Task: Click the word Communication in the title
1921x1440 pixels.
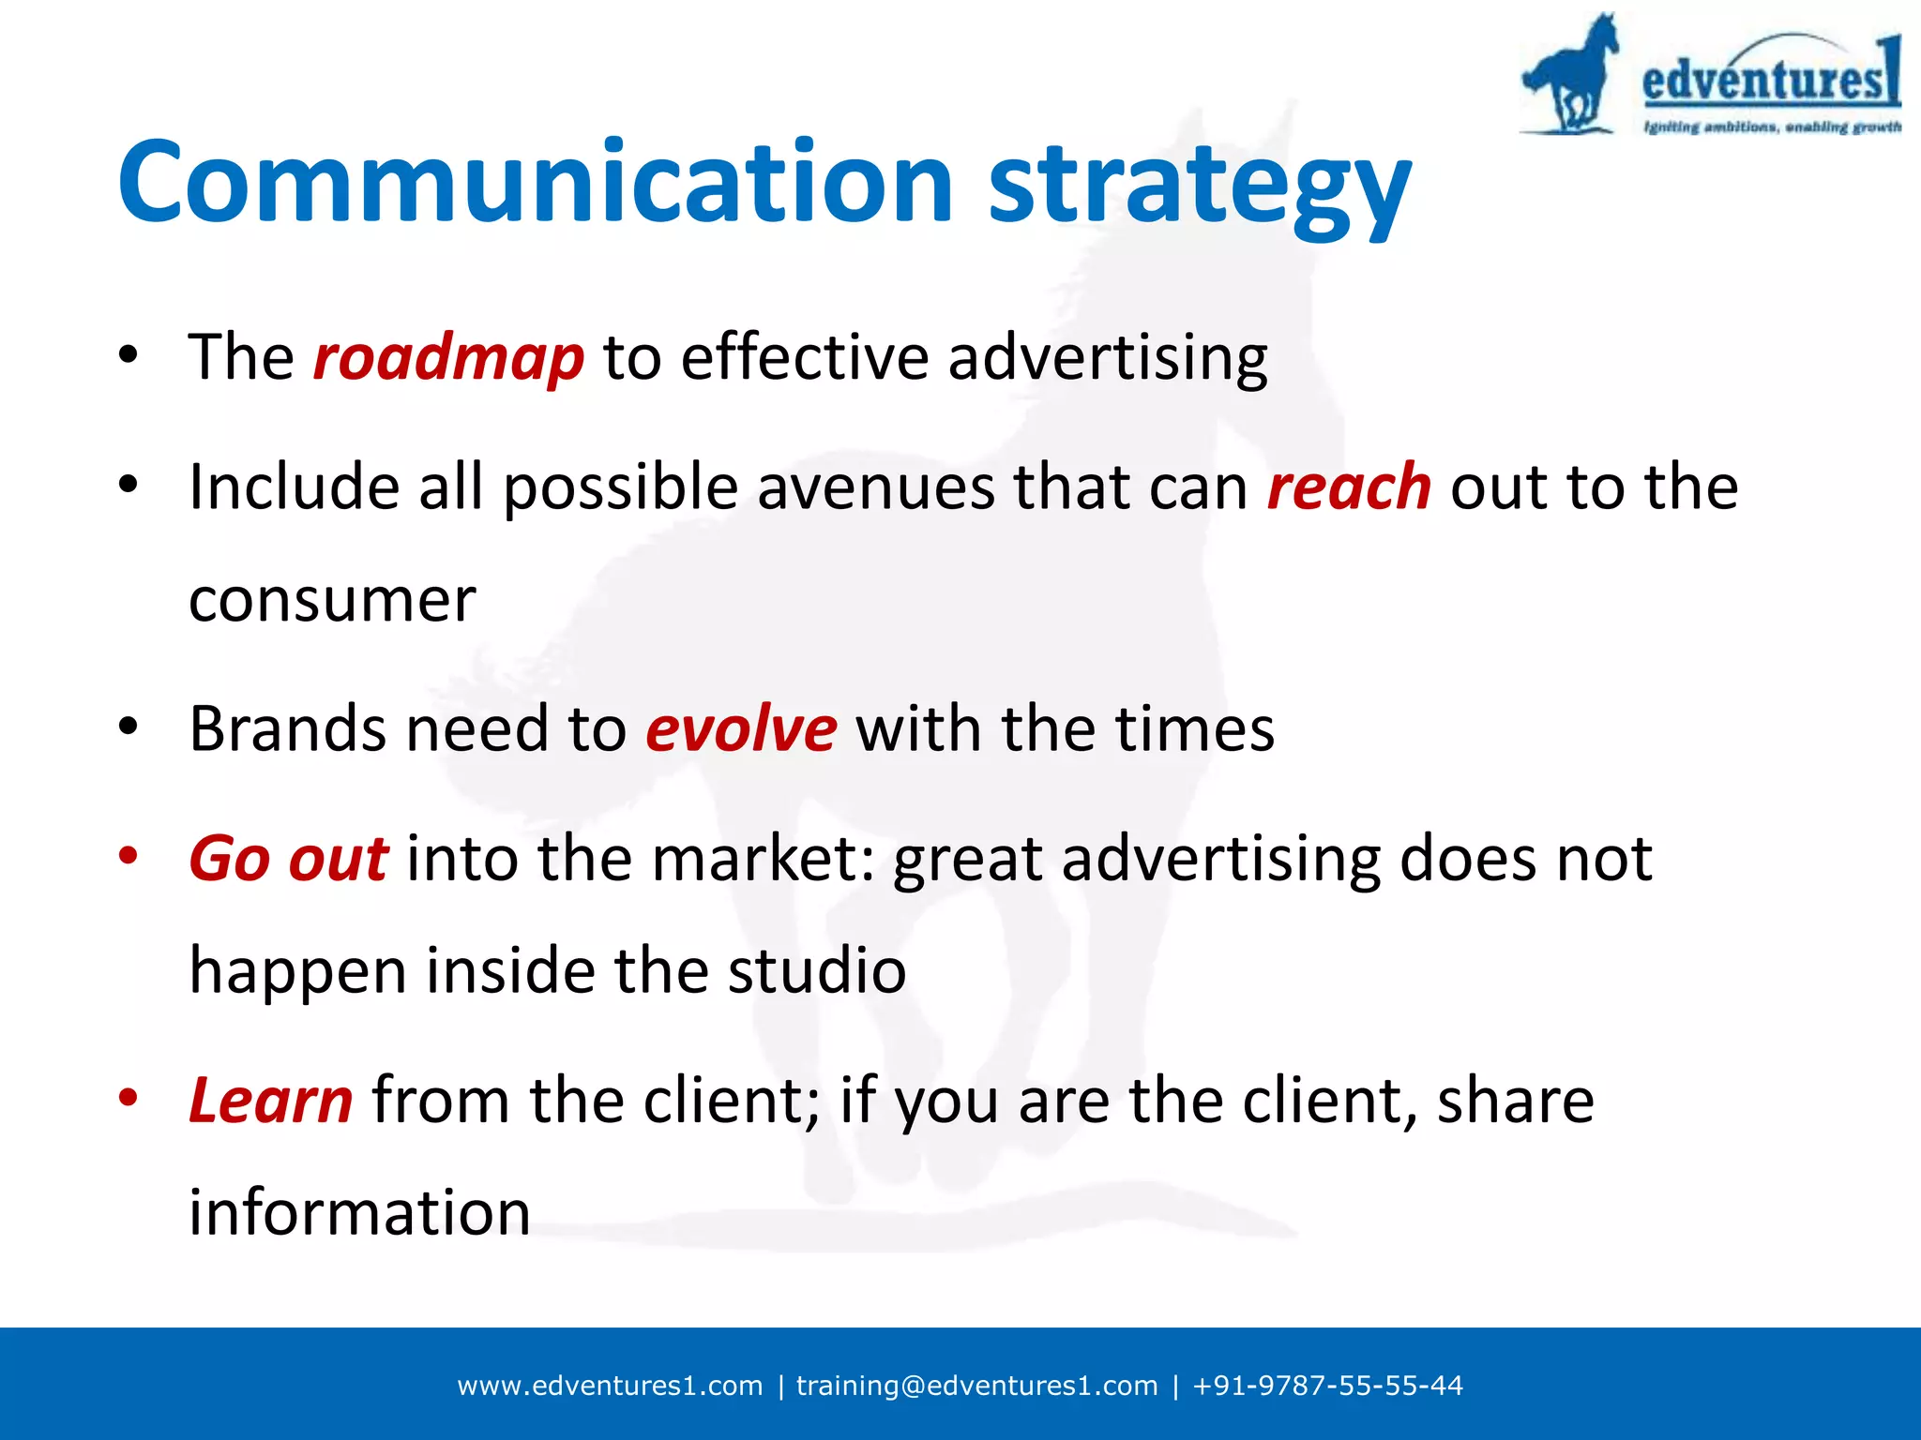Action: point(535,183)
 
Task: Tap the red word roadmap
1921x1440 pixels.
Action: point(447,359)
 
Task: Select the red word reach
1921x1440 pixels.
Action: point(1348,487)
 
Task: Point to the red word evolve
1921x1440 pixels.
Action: point(740,729)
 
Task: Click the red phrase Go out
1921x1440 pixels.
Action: point(288,859)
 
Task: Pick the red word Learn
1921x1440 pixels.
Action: point(271,1101)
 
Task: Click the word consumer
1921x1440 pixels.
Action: point(332,600)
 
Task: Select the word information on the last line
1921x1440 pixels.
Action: point(359,1213)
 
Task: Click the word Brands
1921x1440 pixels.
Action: point(286,729)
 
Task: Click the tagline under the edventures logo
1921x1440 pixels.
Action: point(1771,127)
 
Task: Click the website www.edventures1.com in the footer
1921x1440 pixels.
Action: point(610,1386)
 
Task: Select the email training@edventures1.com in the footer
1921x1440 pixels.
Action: point(976,1386)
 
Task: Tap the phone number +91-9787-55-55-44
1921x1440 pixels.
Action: point(1327,1386)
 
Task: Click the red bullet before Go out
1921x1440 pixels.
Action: point(129,856)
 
